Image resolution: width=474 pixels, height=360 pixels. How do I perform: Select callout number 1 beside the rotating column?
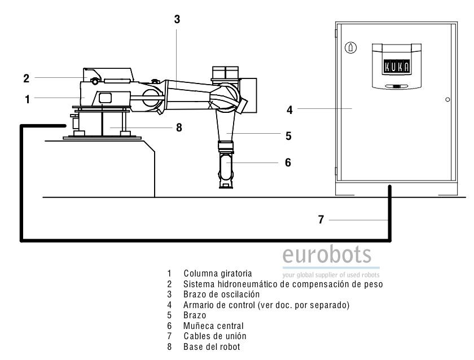[x=27, y=98]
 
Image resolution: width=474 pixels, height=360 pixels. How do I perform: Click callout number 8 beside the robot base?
[x=179, y=128]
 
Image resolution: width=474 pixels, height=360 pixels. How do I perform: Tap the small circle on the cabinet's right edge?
[x=447, y=99]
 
